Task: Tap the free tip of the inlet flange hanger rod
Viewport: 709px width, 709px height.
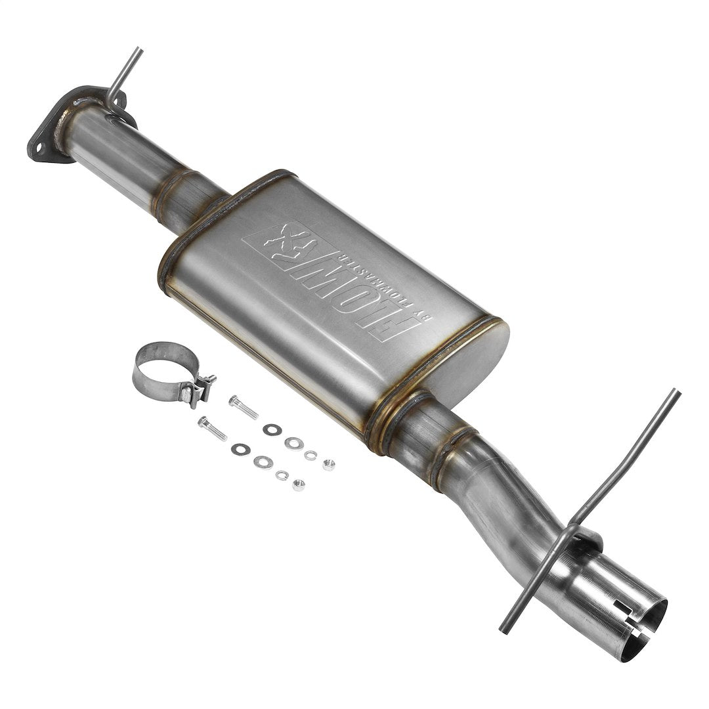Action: [139, 50]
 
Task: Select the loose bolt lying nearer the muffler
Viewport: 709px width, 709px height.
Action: [244, 408]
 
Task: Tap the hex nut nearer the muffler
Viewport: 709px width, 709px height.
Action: [329, 465]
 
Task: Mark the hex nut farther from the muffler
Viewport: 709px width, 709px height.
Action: [299, 485]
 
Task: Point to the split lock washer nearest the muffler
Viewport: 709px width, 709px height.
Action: [311, 455]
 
